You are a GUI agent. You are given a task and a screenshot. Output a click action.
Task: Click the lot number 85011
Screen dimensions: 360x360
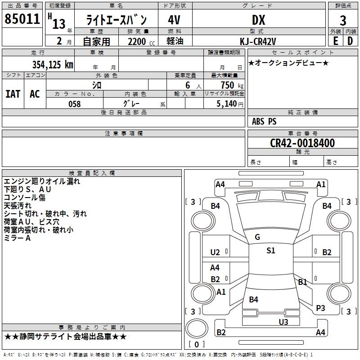[22, 19]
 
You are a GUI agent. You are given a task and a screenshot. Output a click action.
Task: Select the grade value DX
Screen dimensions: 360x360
[258, 20]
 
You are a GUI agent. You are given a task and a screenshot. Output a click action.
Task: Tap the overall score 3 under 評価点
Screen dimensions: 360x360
[343, 20]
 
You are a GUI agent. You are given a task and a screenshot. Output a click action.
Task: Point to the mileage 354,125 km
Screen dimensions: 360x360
[53, 65]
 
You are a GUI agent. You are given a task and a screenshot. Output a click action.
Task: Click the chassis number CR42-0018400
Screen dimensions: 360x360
[302, 143]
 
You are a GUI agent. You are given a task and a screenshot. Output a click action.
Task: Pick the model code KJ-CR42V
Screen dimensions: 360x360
[258, 41]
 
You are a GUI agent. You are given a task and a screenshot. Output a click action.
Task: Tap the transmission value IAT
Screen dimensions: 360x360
[13, 94]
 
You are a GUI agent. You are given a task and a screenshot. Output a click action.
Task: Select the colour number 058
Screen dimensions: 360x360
[74, 104]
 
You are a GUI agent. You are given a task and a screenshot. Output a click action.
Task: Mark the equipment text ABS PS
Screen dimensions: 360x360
[264, 121]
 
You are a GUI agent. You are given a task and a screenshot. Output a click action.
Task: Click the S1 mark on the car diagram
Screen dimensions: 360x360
[270, 251]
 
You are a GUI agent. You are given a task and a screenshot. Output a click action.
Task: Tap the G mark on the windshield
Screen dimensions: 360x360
[257, 237]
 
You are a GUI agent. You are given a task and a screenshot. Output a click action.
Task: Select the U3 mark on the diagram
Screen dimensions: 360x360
[283, 322]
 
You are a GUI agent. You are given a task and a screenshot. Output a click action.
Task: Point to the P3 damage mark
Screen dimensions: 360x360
[320, 308]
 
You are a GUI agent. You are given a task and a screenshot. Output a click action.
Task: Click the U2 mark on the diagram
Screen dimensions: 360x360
[215, 252]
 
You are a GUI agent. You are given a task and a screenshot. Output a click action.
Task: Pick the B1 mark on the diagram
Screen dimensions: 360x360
[302, 282]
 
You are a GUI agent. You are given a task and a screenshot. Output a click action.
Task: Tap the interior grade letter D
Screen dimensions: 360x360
[350, 40]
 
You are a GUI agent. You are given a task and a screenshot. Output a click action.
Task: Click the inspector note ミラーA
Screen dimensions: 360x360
[17, 238]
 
